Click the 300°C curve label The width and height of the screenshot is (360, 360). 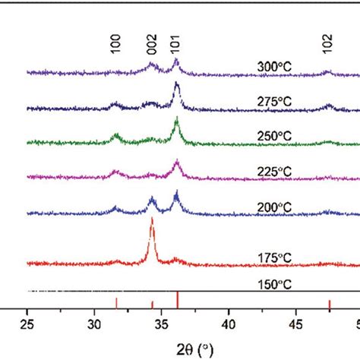click(x=274, y=67)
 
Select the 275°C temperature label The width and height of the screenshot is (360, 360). click(x=274, y=99)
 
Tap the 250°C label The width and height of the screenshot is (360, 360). click(x=274, y=134)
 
